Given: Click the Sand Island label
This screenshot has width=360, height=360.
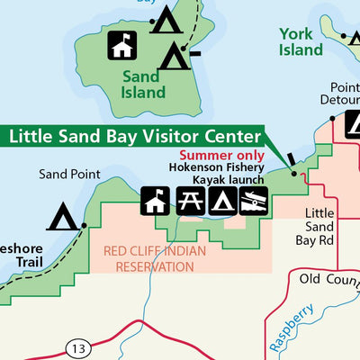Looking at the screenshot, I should pos(143,83).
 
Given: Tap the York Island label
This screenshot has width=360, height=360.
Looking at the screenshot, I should pos(300,41).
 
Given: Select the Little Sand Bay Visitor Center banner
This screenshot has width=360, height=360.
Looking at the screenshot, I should pos(135,137).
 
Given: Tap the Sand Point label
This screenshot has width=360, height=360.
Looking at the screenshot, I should pos(67,175).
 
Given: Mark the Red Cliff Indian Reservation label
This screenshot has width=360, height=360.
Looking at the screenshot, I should pos(155,258).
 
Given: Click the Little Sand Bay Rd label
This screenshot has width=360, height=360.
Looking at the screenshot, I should pos(319,227).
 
